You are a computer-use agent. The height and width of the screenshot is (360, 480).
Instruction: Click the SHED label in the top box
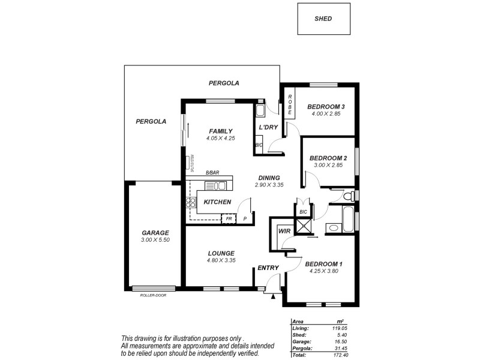(x=323, y=19)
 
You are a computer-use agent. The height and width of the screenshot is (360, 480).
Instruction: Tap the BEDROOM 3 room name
(x=326, y=107)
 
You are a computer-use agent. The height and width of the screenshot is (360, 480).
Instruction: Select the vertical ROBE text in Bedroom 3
(x=290, y=105)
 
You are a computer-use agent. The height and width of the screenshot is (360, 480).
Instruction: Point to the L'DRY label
(x=268, y=127)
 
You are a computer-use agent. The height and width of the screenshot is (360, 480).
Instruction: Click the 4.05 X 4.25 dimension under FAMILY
(x=220, y=138)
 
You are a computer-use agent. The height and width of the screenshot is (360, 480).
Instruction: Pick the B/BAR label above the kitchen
(x=212, y=173)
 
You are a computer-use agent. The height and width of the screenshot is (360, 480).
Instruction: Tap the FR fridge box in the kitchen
(x=229, y=219)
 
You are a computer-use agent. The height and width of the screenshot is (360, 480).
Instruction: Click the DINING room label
(x=269, y=178)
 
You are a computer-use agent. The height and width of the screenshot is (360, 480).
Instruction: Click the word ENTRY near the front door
(x=267, y=268)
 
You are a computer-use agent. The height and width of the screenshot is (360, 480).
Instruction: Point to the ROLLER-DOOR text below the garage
(x=153, y=295)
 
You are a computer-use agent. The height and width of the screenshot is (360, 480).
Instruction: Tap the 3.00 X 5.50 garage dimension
(x=155, y=240)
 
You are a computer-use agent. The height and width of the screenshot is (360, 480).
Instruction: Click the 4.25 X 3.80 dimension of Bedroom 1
(x=323, y=271)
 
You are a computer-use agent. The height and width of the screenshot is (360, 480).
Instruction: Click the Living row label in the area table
(x=301, y=328)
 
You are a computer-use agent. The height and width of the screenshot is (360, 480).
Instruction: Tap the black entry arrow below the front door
(x=274, y=295)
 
